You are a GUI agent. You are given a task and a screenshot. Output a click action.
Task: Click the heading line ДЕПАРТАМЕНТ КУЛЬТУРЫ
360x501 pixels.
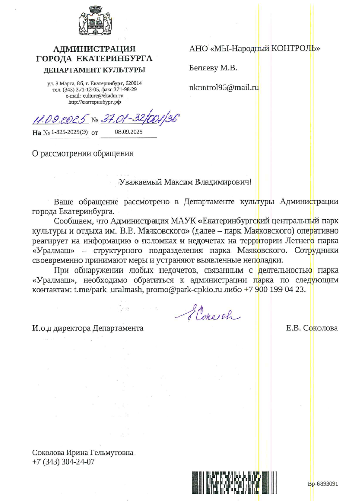pyautogui.click(x=94, y=69)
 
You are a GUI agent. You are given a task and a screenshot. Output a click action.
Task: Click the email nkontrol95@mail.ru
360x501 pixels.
pyautogui.click(x=224, y=87)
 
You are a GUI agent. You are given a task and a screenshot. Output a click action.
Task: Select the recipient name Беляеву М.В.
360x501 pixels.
pyautogui.click(x=213, y=68)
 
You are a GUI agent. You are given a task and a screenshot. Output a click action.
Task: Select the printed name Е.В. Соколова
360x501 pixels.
pyautogui.click(x=311, y=328)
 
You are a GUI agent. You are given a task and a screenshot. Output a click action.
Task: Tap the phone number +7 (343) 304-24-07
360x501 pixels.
pyautogui.click(x=63, y=461)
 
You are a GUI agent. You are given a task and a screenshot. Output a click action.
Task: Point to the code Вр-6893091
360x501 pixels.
pyautogui.click(x=323, y=483)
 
